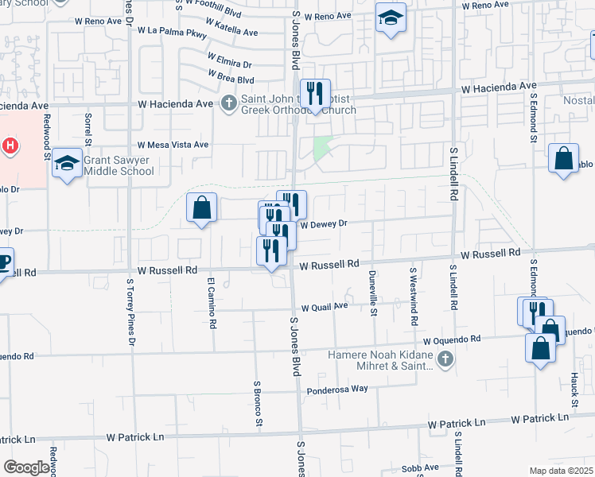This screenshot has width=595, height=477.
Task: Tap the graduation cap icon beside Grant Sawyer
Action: pos(68,163)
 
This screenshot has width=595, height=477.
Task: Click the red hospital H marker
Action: pos(10,145)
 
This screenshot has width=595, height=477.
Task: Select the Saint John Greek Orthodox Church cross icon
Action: pos(229,103)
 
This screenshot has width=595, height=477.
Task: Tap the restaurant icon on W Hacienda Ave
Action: pos(316,94)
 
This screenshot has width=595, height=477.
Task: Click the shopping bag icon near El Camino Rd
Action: pos(202,208)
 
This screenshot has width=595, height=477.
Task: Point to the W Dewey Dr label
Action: pos(325,224)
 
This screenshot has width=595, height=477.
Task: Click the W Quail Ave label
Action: pos(325,306)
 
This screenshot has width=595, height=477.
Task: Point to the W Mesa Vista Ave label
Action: pos(173,145)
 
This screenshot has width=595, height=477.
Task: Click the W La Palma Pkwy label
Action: pos(173,33)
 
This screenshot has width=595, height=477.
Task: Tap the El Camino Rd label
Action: pos(212,304)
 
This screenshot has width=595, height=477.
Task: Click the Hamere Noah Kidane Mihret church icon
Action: pos(445,359)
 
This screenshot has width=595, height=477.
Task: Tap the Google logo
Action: pos(26,467)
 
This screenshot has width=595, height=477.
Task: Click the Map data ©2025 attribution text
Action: pos(561,471)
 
